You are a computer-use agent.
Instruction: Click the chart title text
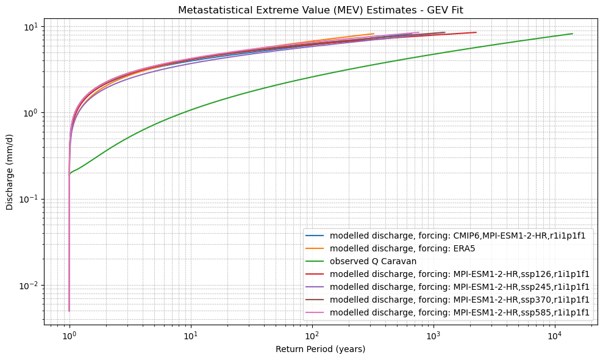321,10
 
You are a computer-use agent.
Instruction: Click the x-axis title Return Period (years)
321,349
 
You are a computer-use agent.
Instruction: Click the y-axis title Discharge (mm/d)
10,174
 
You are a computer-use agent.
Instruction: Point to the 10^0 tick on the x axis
70,336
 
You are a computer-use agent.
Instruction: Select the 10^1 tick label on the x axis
191,336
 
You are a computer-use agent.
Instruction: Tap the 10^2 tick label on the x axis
312,336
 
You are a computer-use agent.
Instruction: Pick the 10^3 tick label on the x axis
434,336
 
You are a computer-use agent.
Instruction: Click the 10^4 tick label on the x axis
555,336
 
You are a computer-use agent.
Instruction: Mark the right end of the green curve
573,34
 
